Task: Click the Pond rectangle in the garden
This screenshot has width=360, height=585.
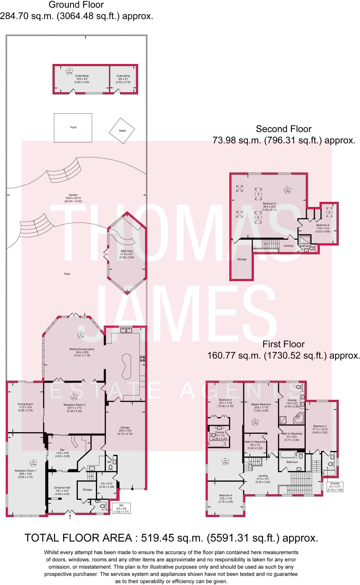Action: pyautogui.click(x=73, y=128)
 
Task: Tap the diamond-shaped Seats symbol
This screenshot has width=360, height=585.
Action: pyautogui.click(x=122, y=131)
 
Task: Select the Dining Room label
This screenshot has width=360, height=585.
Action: pyautogui.click(x=25, y=404)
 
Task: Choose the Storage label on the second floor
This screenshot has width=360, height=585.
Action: pyautogui.click(x=242, y=259)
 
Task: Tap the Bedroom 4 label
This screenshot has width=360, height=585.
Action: pyautogui.click(x=226, y=495)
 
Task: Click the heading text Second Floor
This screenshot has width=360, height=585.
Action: pyautogui.click(x=283, y=129)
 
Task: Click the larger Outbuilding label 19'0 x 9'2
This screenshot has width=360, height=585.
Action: pyautogui.click(x=82, y=76)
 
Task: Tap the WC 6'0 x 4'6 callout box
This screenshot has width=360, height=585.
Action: pyautogui.click(x=121, y=508)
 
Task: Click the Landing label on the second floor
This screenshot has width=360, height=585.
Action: pyautogui.click(x=288, y=246)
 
